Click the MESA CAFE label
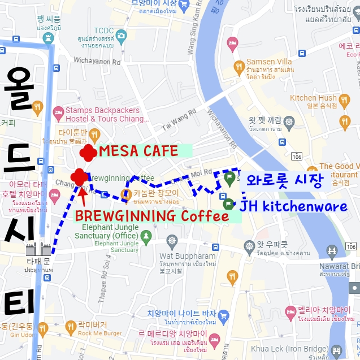pyautogui.click(x=138, y=151)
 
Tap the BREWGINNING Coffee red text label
pyautogui.click(x=151, y=216)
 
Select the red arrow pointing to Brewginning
pyautogui.click(x=83, y=195)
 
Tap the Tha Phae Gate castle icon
pyautogui.click(x=38, y=249)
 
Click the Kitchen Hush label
pyautogui.click(x=313, y=98)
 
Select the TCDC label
pyautogui.click(x=104, y=30)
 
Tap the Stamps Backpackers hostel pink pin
pyautogui.click(x=57, y=112)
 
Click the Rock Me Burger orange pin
pyautogui.click(x=71, y=326)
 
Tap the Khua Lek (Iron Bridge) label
pyautogui.click(x=307, y=349)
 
